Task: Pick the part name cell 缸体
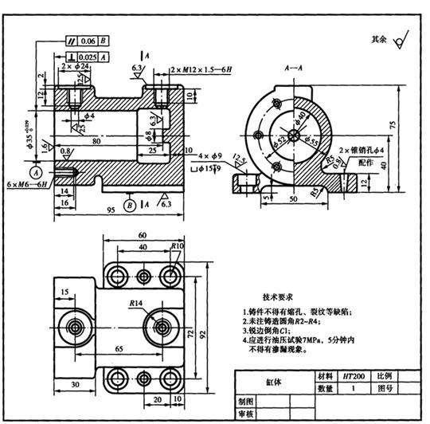click(273, 382)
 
